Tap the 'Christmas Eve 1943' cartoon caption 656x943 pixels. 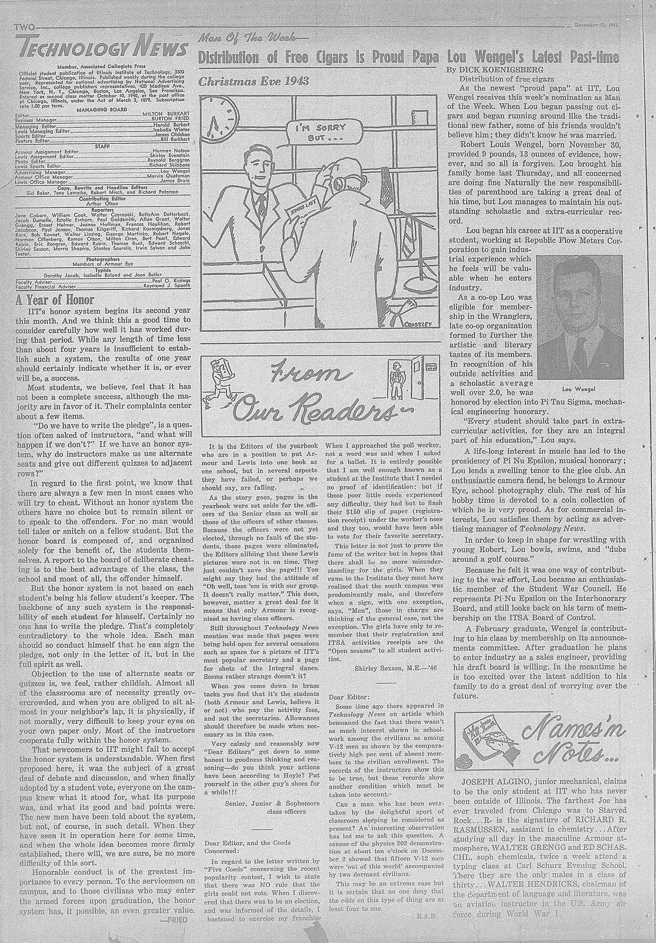point(253,81)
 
